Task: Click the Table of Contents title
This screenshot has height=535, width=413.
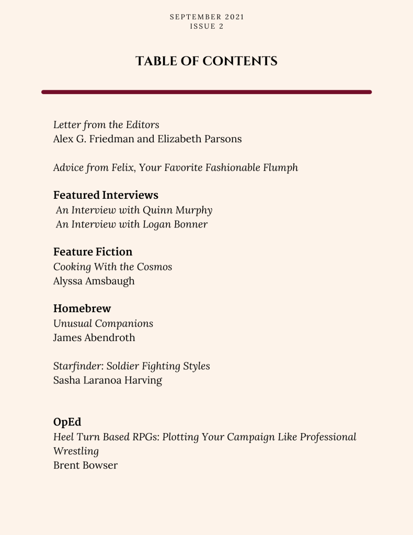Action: pos(206,61)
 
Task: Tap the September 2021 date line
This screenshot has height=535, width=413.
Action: pos(207,17)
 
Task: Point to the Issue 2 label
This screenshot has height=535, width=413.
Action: pos(206,26)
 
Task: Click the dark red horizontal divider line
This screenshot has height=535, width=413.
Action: pos(206,92)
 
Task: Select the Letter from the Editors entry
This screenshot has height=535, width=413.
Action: pos(106,125)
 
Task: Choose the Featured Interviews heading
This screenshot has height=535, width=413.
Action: pos(106,195)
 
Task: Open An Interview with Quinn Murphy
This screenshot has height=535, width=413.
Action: pos(134,210)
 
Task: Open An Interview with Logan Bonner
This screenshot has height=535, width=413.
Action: pos(132,224)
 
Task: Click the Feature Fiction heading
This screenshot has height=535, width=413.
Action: pos(93,252)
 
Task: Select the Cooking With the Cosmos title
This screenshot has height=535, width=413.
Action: pos(112,267)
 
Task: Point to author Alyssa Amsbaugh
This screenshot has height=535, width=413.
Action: pos(94,281)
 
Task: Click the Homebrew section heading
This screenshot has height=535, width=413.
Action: pos(82,309)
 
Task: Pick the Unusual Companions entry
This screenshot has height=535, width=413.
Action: pos(103,323)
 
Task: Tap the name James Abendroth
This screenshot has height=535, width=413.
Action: pos(94,337)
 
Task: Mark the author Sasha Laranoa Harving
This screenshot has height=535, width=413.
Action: pos(107,380)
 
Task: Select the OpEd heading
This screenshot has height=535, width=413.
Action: pos(67,422)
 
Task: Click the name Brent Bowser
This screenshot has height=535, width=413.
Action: pos(85,465)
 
